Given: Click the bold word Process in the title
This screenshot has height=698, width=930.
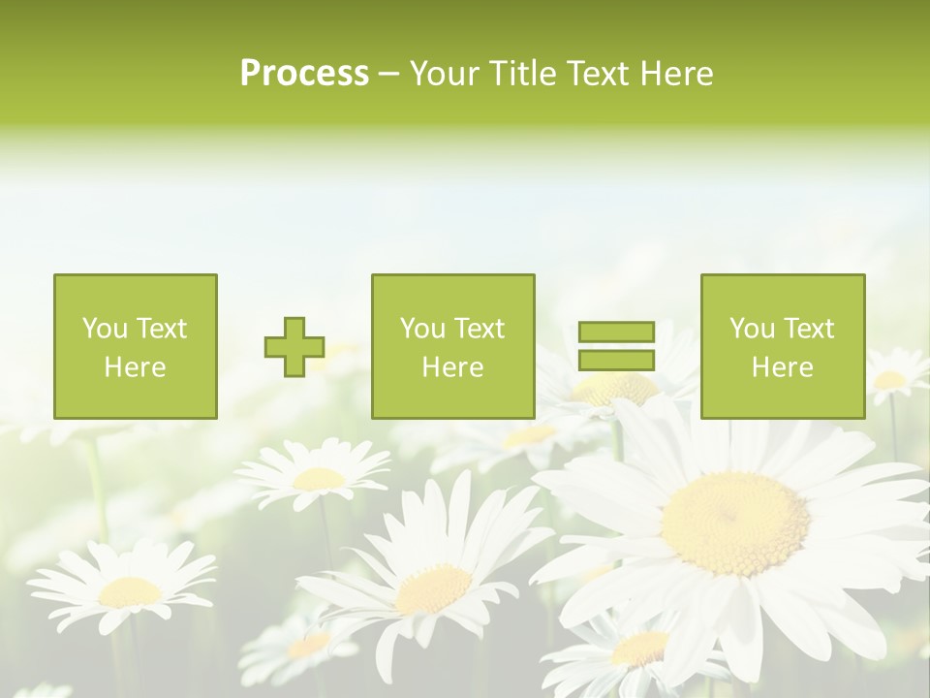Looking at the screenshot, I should click(304, 74).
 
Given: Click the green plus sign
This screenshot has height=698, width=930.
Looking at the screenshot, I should click(294, 347).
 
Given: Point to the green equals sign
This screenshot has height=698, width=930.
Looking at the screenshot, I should click(616, 346).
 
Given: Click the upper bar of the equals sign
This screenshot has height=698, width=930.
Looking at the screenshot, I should click(616, 333).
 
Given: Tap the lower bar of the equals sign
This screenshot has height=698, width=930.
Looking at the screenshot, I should click(616, 360).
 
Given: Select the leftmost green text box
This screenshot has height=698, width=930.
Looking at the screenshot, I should click(135, 346).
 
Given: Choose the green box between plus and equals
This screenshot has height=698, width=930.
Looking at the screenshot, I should click(452, 346).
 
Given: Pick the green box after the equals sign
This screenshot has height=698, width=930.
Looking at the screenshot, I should click(782, 346).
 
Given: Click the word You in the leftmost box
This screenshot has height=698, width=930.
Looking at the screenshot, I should click(105, 329).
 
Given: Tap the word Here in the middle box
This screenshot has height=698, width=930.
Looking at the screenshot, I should click(452, 367).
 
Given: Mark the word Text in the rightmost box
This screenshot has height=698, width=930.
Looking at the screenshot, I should click(810, 329).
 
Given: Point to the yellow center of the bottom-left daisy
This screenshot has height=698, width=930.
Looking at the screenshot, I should click(130, 591).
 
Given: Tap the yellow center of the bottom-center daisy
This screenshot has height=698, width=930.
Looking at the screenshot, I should click(432, 588).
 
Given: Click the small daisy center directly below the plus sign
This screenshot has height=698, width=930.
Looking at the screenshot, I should click(319, 478).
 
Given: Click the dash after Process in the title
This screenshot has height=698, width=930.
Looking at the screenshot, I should click(388, 74).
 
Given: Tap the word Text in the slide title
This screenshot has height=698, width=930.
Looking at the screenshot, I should click(598, 74).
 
